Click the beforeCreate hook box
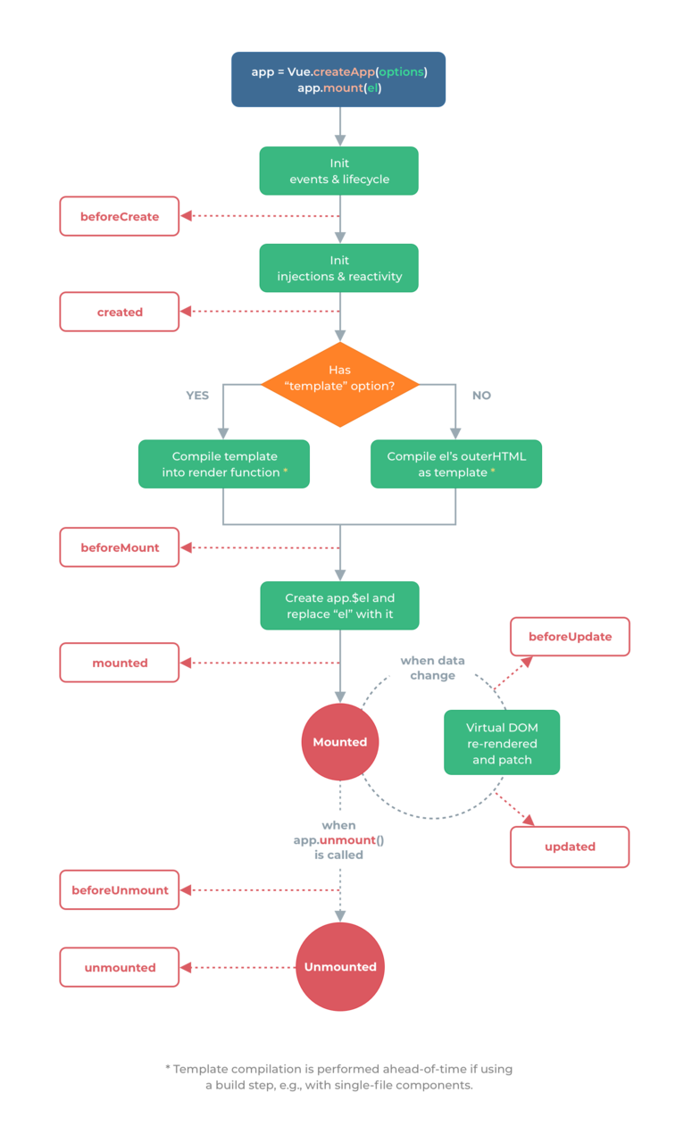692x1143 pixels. coord(120,216)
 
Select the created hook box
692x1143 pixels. coord(120,312)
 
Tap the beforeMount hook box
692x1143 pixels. coord(120,547)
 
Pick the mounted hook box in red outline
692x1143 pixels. coord(120,663)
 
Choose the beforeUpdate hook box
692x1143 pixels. coord(570,637)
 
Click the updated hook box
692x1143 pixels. coord(570,847)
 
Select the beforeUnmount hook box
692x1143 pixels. coord(120,890)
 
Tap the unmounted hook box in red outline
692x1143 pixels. coord(120,967)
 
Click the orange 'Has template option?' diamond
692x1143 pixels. coord(340,384)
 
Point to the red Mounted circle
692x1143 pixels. coord(340,742)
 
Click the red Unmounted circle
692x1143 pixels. coord(340,967)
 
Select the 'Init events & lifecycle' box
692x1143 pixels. coord(338,171)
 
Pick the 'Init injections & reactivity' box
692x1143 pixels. coord(338,268)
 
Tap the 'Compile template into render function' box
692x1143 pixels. coord(224,463)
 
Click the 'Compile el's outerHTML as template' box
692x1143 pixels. coord(456,463)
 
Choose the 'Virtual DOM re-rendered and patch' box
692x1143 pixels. coord(502,742)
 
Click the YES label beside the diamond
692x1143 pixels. coord(197,396)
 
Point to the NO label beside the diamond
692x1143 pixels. coord(481,396)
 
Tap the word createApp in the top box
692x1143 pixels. coord(344,72)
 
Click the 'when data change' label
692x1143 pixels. coord(433,668)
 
